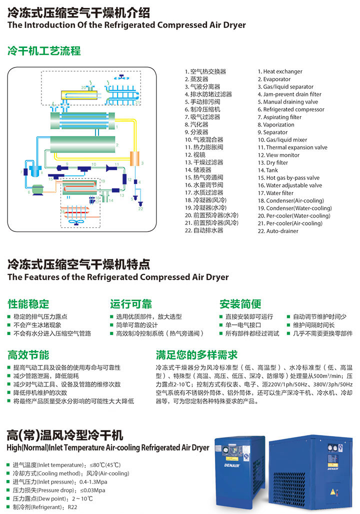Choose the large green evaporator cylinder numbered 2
tap(82, 145)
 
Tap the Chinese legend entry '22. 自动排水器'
tap(203, 230)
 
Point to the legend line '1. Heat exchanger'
tap(280, 71)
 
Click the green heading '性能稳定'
tap(28, 303)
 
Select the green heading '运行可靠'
tap(131, 303)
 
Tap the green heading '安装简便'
tap(240, 303)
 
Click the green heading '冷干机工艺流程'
tap(43, 51)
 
